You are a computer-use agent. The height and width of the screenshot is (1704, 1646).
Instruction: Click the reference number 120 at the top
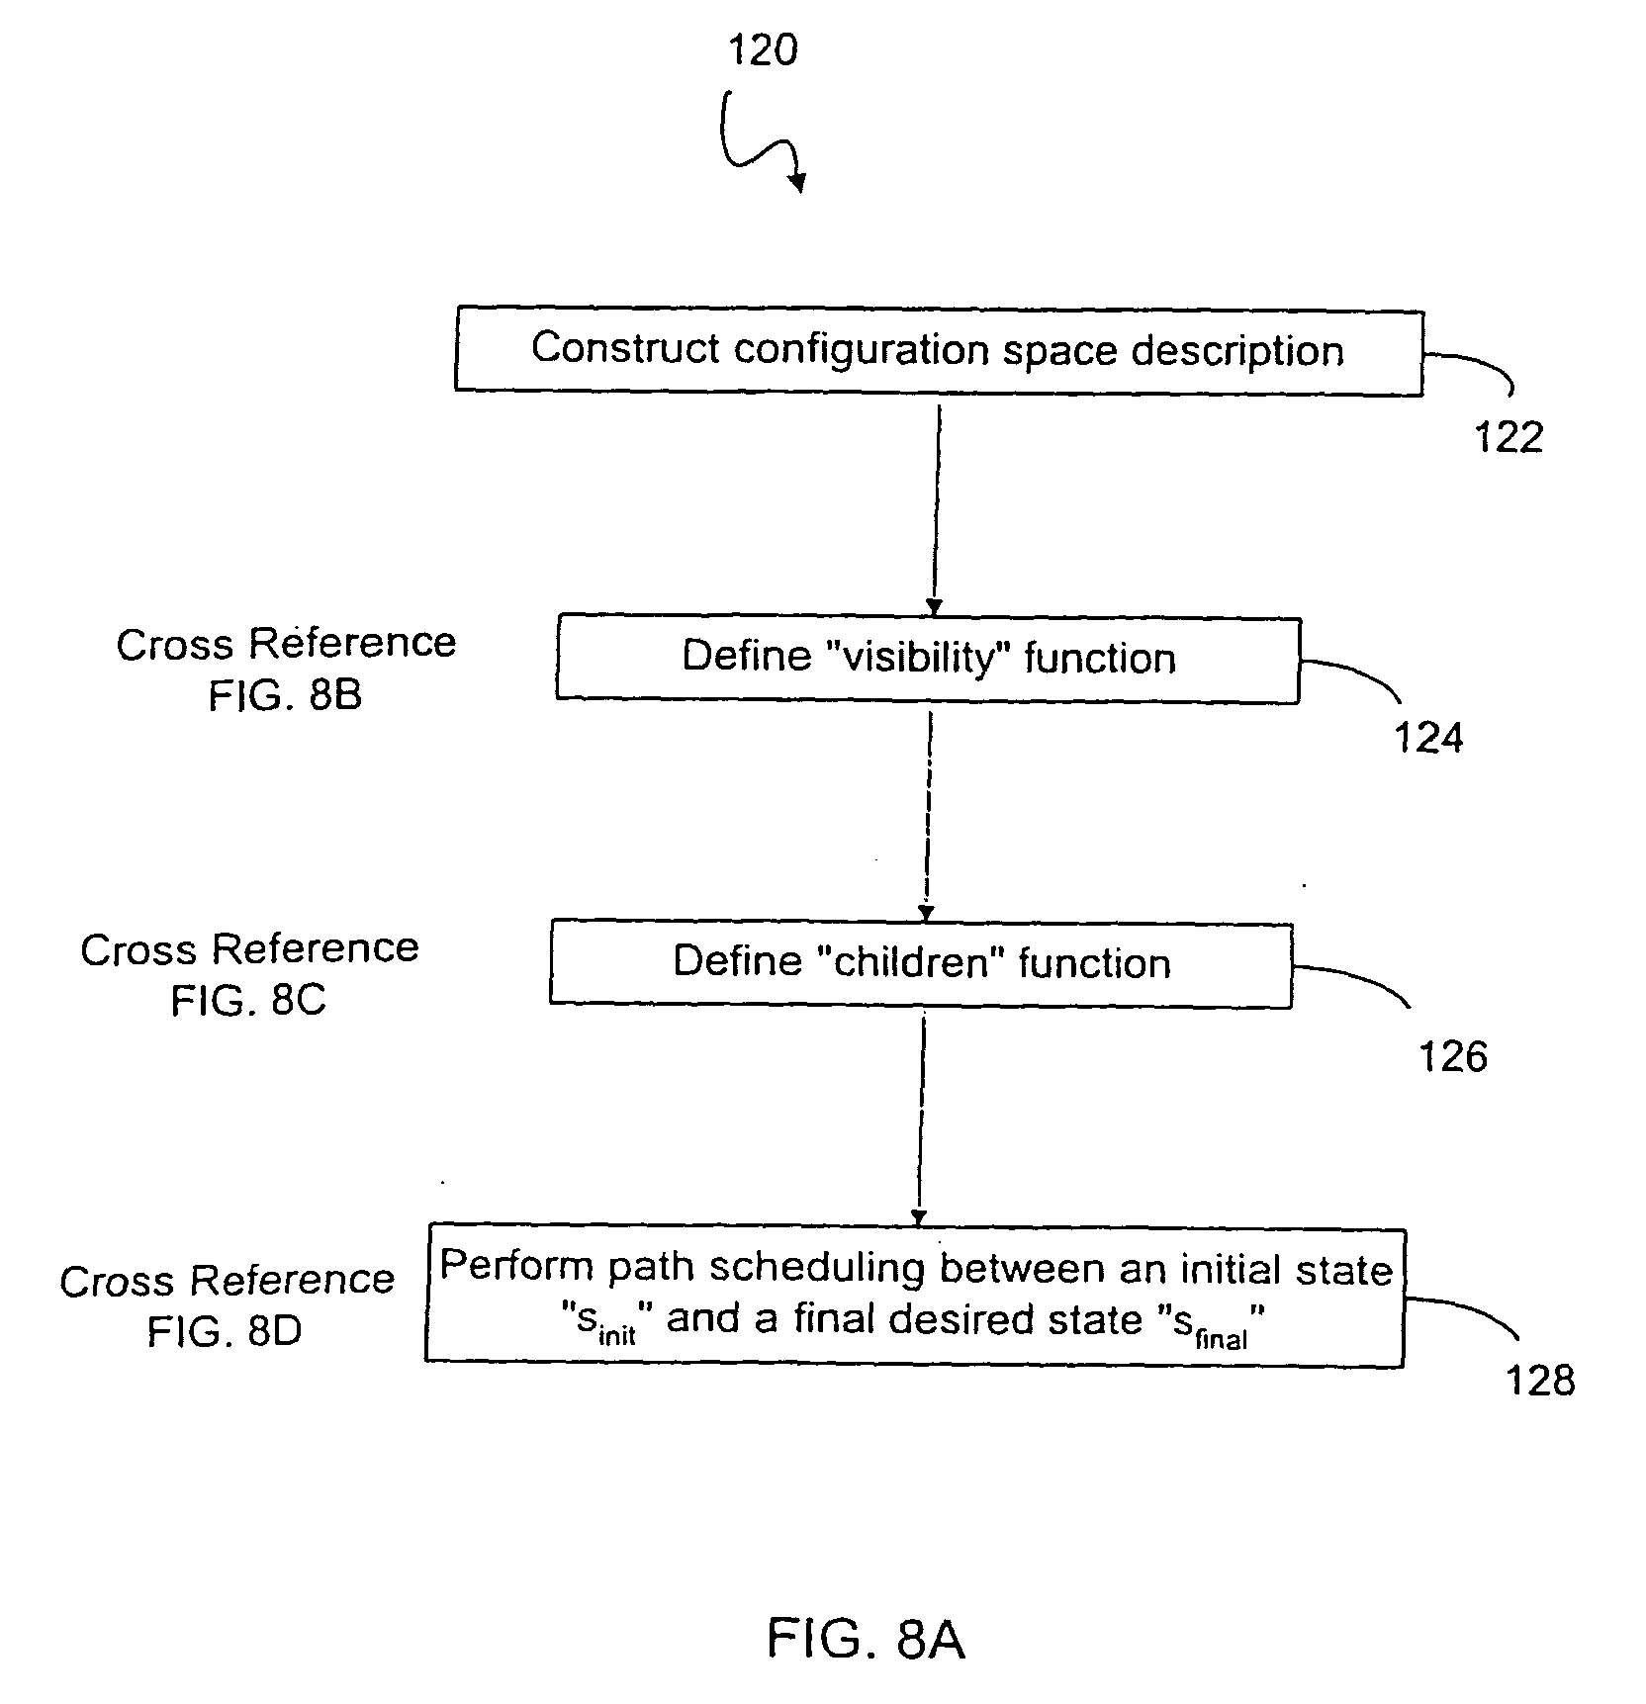pos(763,49)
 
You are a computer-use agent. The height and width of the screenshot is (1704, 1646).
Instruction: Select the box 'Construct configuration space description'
pos(939,351)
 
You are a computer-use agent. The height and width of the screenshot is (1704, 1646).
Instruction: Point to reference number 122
pos(1509,437)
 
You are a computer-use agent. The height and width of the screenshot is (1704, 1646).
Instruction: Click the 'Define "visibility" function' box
pos(928,659)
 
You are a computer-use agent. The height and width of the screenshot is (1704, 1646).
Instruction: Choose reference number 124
pos(1428,738)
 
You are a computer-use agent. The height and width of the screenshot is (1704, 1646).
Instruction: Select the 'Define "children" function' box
pos(921,963)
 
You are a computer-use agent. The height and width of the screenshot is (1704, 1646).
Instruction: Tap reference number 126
pos(1453,1057)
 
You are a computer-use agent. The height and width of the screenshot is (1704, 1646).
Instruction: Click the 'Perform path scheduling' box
pos(915,1296)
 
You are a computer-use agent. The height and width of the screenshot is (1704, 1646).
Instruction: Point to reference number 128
pos(1539,1380)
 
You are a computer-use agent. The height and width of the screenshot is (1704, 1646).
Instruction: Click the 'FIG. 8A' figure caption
pos(866,1639)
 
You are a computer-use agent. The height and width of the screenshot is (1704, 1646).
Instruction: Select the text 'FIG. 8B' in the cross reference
pos(285,695)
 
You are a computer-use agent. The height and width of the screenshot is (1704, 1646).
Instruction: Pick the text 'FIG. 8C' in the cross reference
pos(248,1001)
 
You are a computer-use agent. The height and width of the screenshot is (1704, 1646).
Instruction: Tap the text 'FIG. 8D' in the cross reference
pos(225,1332)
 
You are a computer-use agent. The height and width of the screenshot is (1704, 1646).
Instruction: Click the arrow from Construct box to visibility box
pos(936,504)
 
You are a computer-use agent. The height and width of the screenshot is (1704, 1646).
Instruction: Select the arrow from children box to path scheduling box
pos(921,1118)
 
